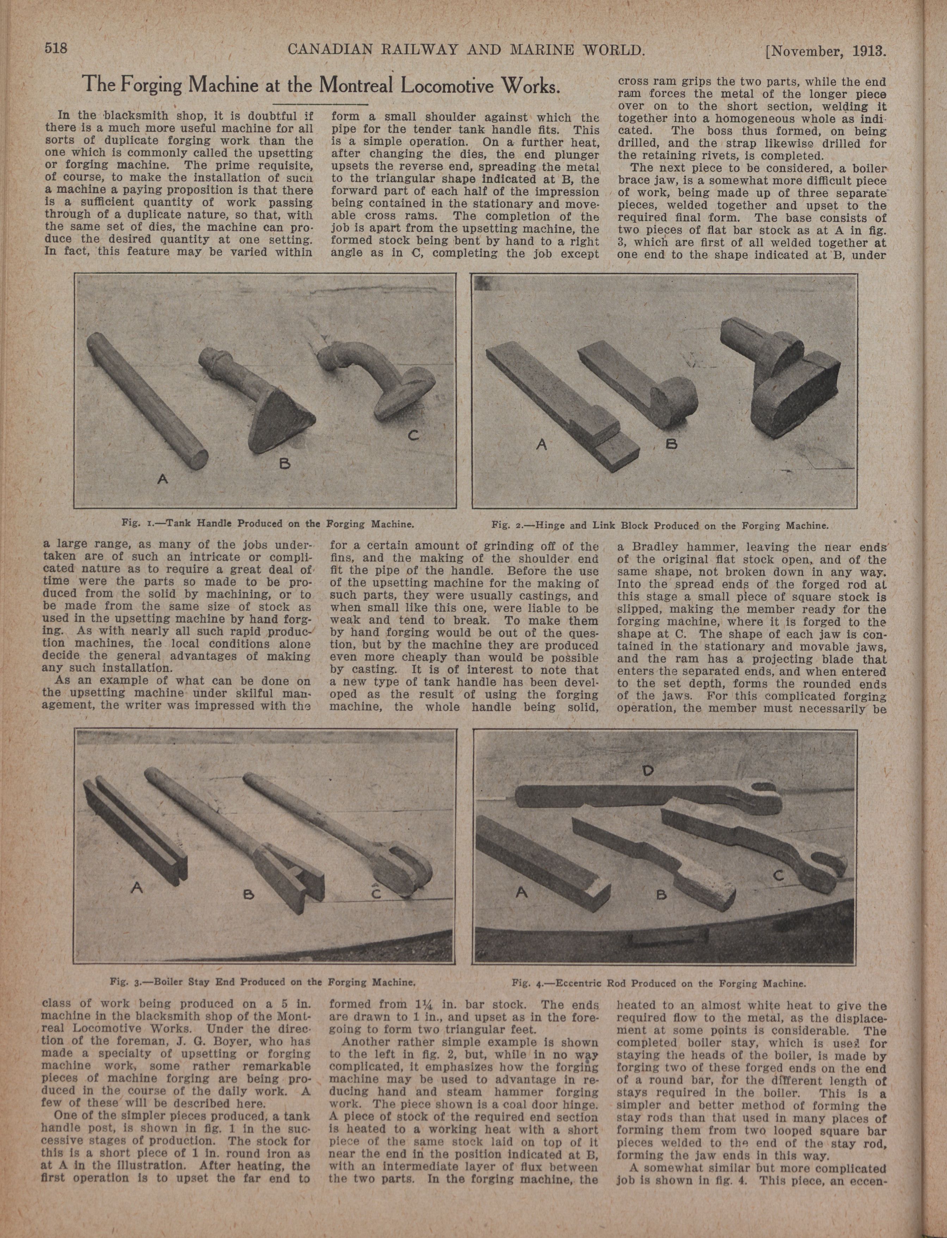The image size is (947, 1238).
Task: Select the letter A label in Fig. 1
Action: (x=162, y=480)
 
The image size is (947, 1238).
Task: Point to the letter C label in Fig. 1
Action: (x=413, y=435)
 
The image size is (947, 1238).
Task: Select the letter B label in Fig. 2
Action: (x=671, y=444)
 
